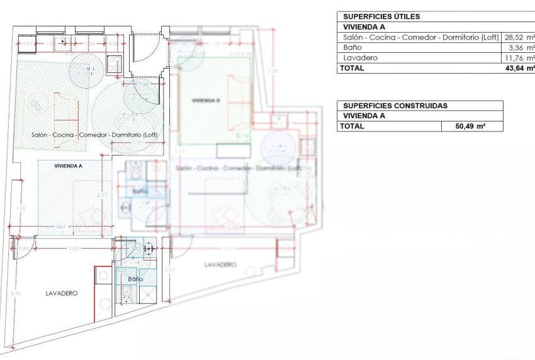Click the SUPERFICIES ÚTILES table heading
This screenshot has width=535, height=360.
pyautogui.click(x=381, y=17)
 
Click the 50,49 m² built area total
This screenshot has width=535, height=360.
pyautogui.click(x=470, y=127)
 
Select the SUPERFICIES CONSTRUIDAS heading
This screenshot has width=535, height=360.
pyautogui.click(x=395, y=106)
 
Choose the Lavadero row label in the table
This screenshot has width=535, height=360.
pyautogui.click(x=358, y=58)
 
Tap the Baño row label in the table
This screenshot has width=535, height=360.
pyautogui.click(x=352, y=48)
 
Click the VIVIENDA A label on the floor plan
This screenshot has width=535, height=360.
pyautogui.click(x=69, y=166)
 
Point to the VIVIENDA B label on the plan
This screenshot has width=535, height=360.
pyautogui.click(x=205, y=101)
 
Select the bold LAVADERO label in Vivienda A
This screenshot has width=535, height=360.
pyautogui.click(x=61, y=293)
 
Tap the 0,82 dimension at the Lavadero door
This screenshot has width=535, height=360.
pyautogui.click(x=23, y=249)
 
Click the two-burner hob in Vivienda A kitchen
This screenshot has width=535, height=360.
pyautogui.click(x=115, y=64)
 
